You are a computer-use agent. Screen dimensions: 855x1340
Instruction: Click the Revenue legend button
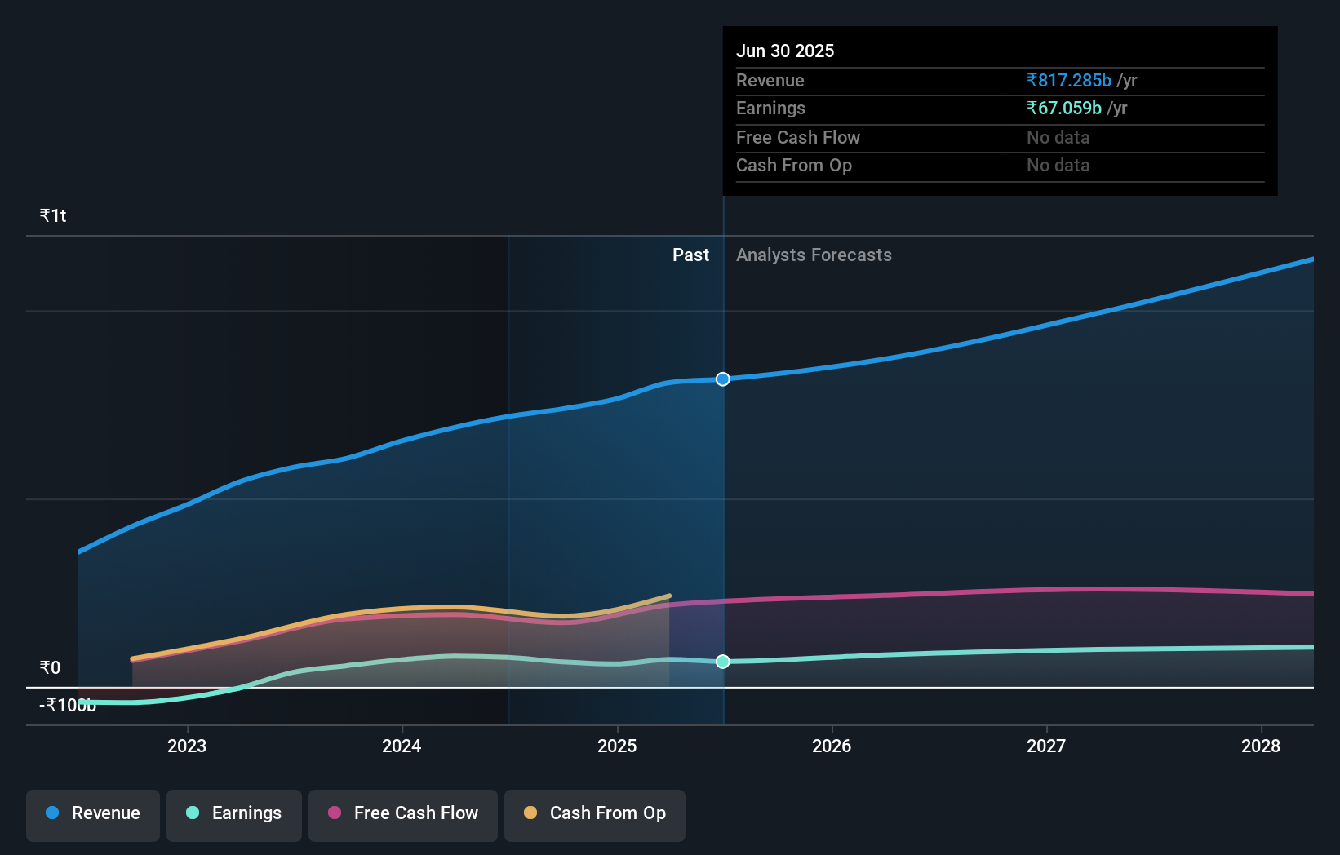(93, 814)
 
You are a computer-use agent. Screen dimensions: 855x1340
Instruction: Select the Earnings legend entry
(234, 814)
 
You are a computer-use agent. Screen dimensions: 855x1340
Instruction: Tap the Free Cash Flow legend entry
(403, 814)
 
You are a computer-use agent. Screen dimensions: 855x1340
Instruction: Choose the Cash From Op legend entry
(595, 814)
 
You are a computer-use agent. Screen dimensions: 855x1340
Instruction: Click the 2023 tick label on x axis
(187, 746)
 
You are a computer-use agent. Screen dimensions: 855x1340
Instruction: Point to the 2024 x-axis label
(402, 746)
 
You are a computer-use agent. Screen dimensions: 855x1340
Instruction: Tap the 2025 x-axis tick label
(617, 746)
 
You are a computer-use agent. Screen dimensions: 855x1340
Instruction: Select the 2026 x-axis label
(832, 746)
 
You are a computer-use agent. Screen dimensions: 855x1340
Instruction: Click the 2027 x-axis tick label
(1046, 746)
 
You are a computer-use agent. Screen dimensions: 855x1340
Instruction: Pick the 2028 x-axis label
(1261, 746)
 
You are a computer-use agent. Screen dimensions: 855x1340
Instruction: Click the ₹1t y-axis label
(53, 216)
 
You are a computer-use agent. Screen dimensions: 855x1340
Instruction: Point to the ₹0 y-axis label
(51, 668)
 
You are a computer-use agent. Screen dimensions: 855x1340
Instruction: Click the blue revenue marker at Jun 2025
(723, 379)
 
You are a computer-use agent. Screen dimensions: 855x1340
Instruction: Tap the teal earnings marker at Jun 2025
(723, 662)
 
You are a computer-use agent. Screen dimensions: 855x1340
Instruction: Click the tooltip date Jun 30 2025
(785, 51)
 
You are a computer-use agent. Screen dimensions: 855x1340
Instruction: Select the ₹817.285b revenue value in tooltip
(1069, 81)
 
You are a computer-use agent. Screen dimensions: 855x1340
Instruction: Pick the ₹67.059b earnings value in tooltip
(1064, 109)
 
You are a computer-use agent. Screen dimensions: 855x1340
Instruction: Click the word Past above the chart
(690, 255)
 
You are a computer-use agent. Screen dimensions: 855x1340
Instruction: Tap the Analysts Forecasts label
(814, 255)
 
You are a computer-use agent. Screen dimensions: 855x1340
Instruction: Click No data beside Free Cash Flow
(1058, 138)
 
